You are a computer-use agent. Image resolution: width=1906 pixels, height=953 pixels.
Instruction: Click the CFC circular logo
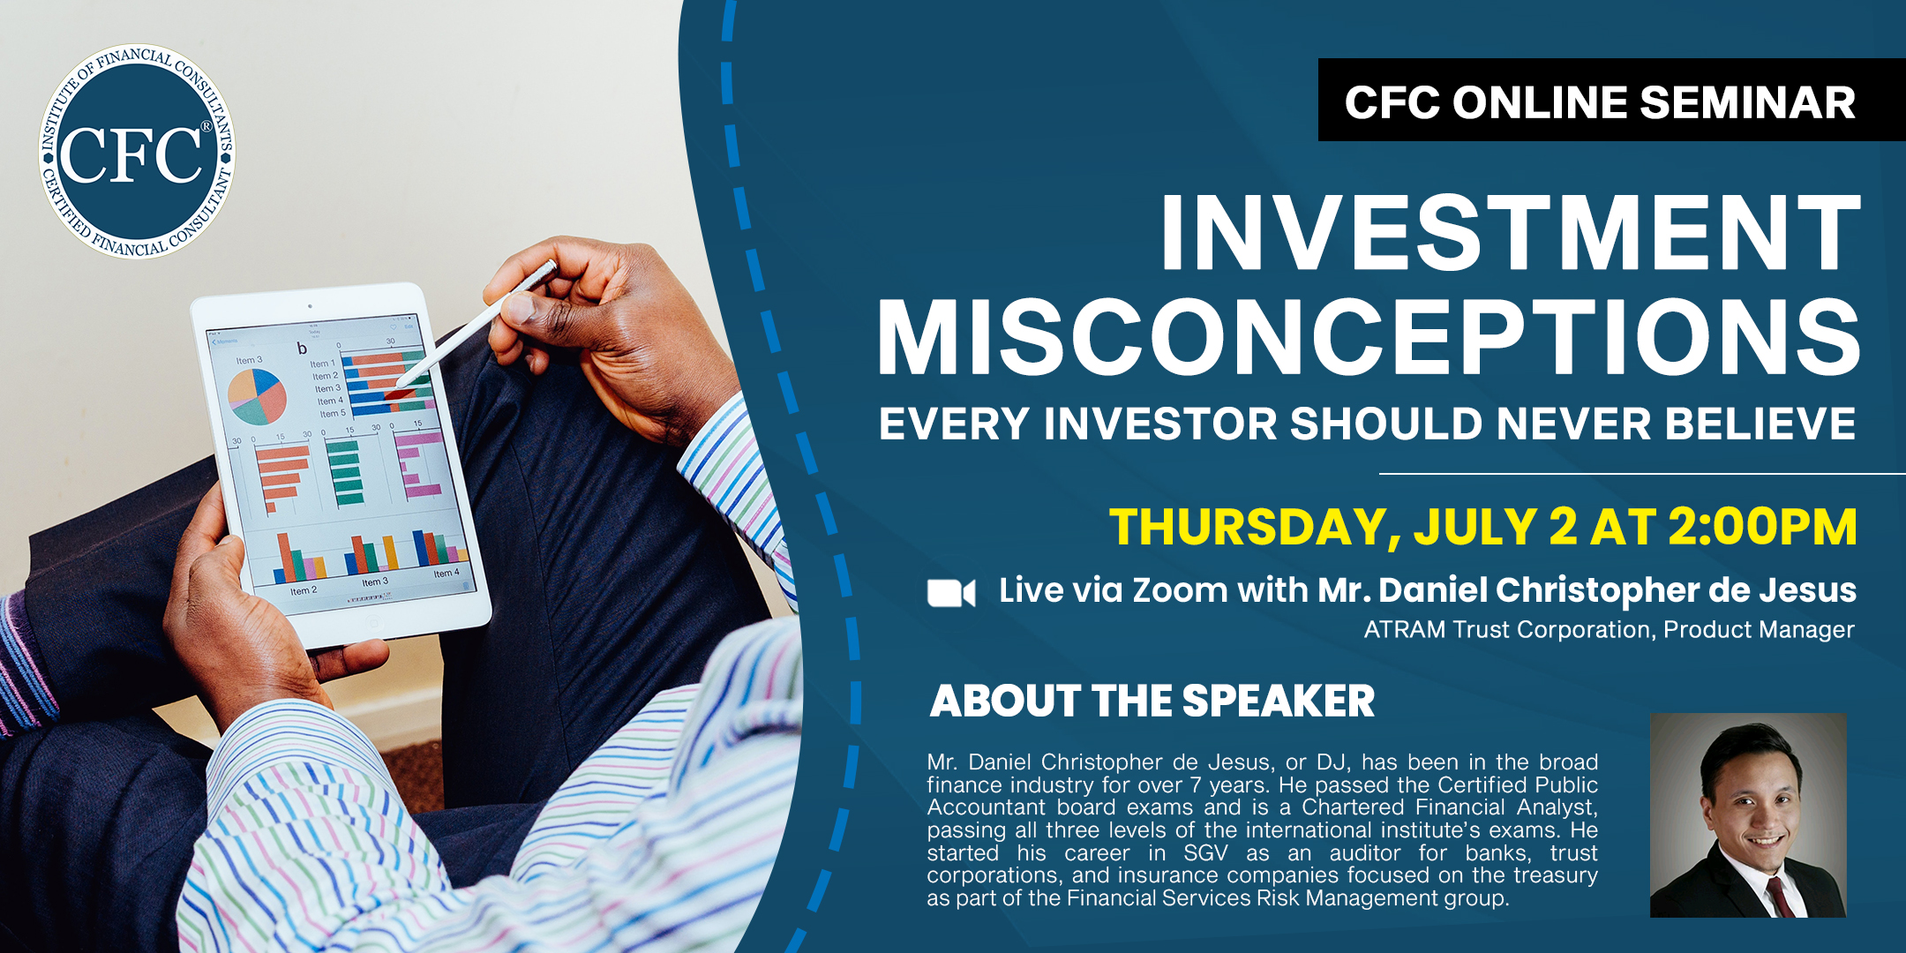tap(137, 152)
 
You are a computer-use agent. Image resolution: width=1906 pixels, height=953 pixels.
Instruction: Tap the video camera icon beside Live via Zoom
tap(951, 593)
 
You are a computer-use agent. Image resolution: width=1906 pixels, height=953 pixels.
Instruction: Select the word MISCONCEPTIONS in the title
tap(1369, 337)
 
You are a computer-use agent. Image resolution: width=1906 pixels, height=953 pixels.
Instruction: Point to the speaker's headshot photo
tap(1748, 815)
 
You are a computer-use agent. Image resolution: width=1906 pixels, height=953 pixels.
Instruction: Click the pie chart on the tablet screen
tap(257, 395)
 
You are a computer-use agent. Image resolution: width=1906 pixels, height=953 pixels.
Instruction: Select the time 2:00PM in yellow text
tap(1762, 527)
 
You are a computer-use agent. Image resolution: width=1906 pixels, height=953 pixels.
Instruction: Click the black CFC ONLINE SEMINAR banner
tap(1611, 100)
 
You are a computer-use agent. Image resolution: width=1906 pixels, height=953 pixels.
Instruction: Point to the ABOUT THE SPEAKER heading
tap(1152, 702)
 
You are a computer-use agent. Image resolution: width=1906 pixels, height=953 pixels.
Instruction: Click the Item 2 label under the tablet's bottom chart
tap(303, 590)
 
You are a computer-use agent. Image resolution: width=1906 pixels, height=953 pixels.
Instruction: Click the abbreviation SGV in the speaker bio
tap(1205, 853)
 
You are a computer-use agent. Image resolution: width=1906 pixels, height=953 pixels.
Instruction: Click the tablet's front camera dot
tap(310, 306)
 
